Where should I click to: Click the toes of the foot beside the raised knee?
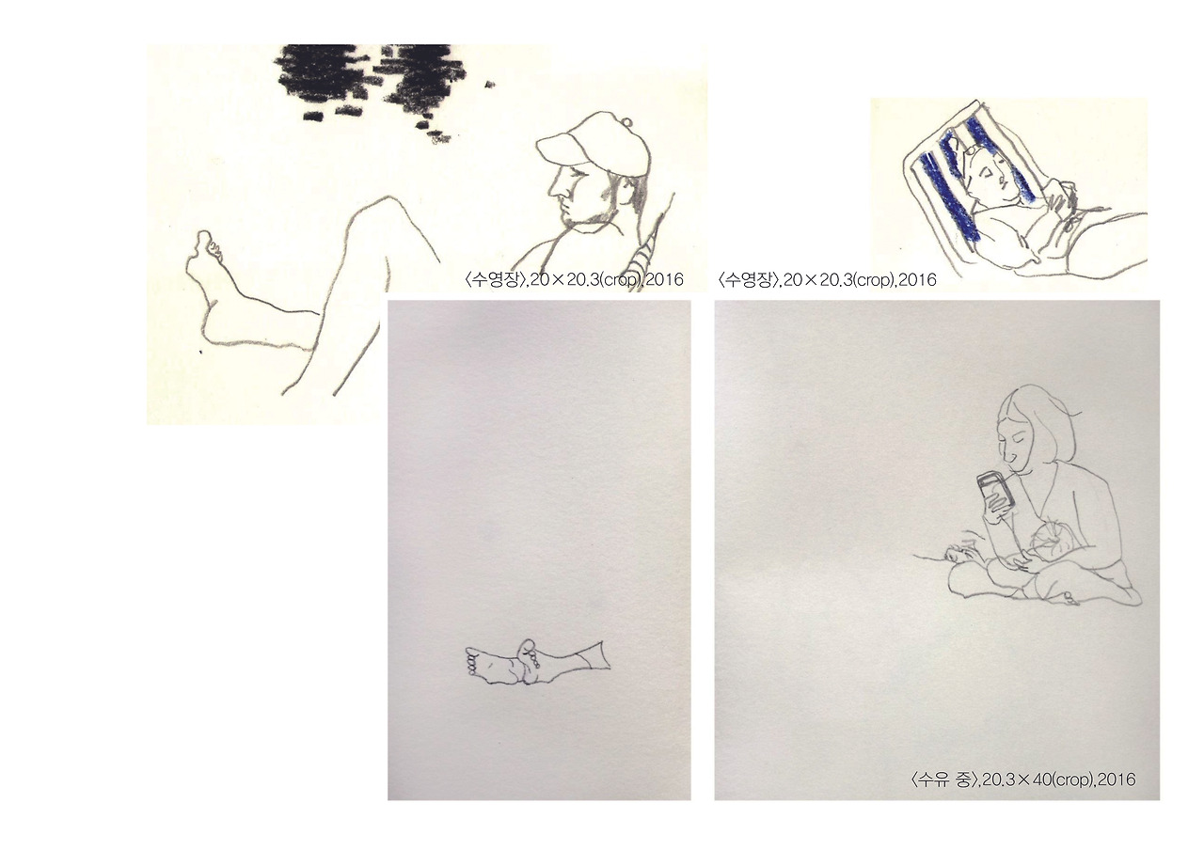tap(211, 248)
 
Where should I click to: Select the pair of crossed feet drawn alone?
tap(537, 662)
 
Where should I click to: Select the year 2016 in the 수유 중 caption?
tap(1116, 779)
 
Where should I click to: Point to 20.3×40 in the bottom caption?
tap(1015, 779)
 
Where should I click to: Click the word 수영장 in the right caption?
tap(748, 279)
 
